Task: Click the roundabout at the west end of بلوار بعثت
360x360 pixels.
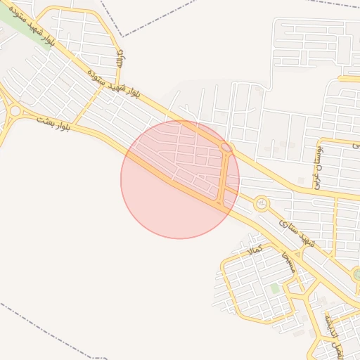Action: (x=13, y=110)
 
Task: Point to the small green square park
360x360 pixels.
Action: (x=275, y=288)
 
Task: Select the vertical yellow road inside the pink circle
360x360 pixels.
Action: (x=223, y=179)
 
